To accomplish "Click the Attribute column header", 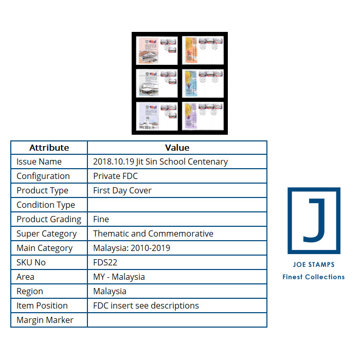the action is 49,148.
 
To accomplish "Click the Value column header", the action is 177,148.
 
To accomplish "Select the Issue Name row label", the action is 39,161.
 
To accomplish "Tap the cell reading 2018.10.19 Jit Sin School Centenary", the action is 160,161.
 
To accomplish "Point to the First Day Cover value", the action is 122,190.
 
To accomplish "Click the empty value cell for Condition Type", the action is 177,205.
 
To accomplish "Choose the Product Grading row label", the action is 49,219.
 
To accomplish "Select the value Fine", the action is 101,219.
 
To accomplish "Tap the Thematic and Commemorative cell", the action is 153,233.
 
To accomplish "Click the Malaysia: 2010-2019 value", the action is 131,248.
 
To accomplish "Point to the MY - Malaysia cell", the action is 119,277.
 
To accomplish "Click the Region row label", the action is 30,291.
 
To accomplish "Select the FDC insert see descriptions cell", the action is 146,305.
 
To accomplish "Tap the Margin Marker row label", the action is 45,320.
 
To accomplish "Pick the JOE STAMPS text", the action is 313,264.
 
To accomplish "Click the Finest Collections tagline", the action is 313,277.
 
